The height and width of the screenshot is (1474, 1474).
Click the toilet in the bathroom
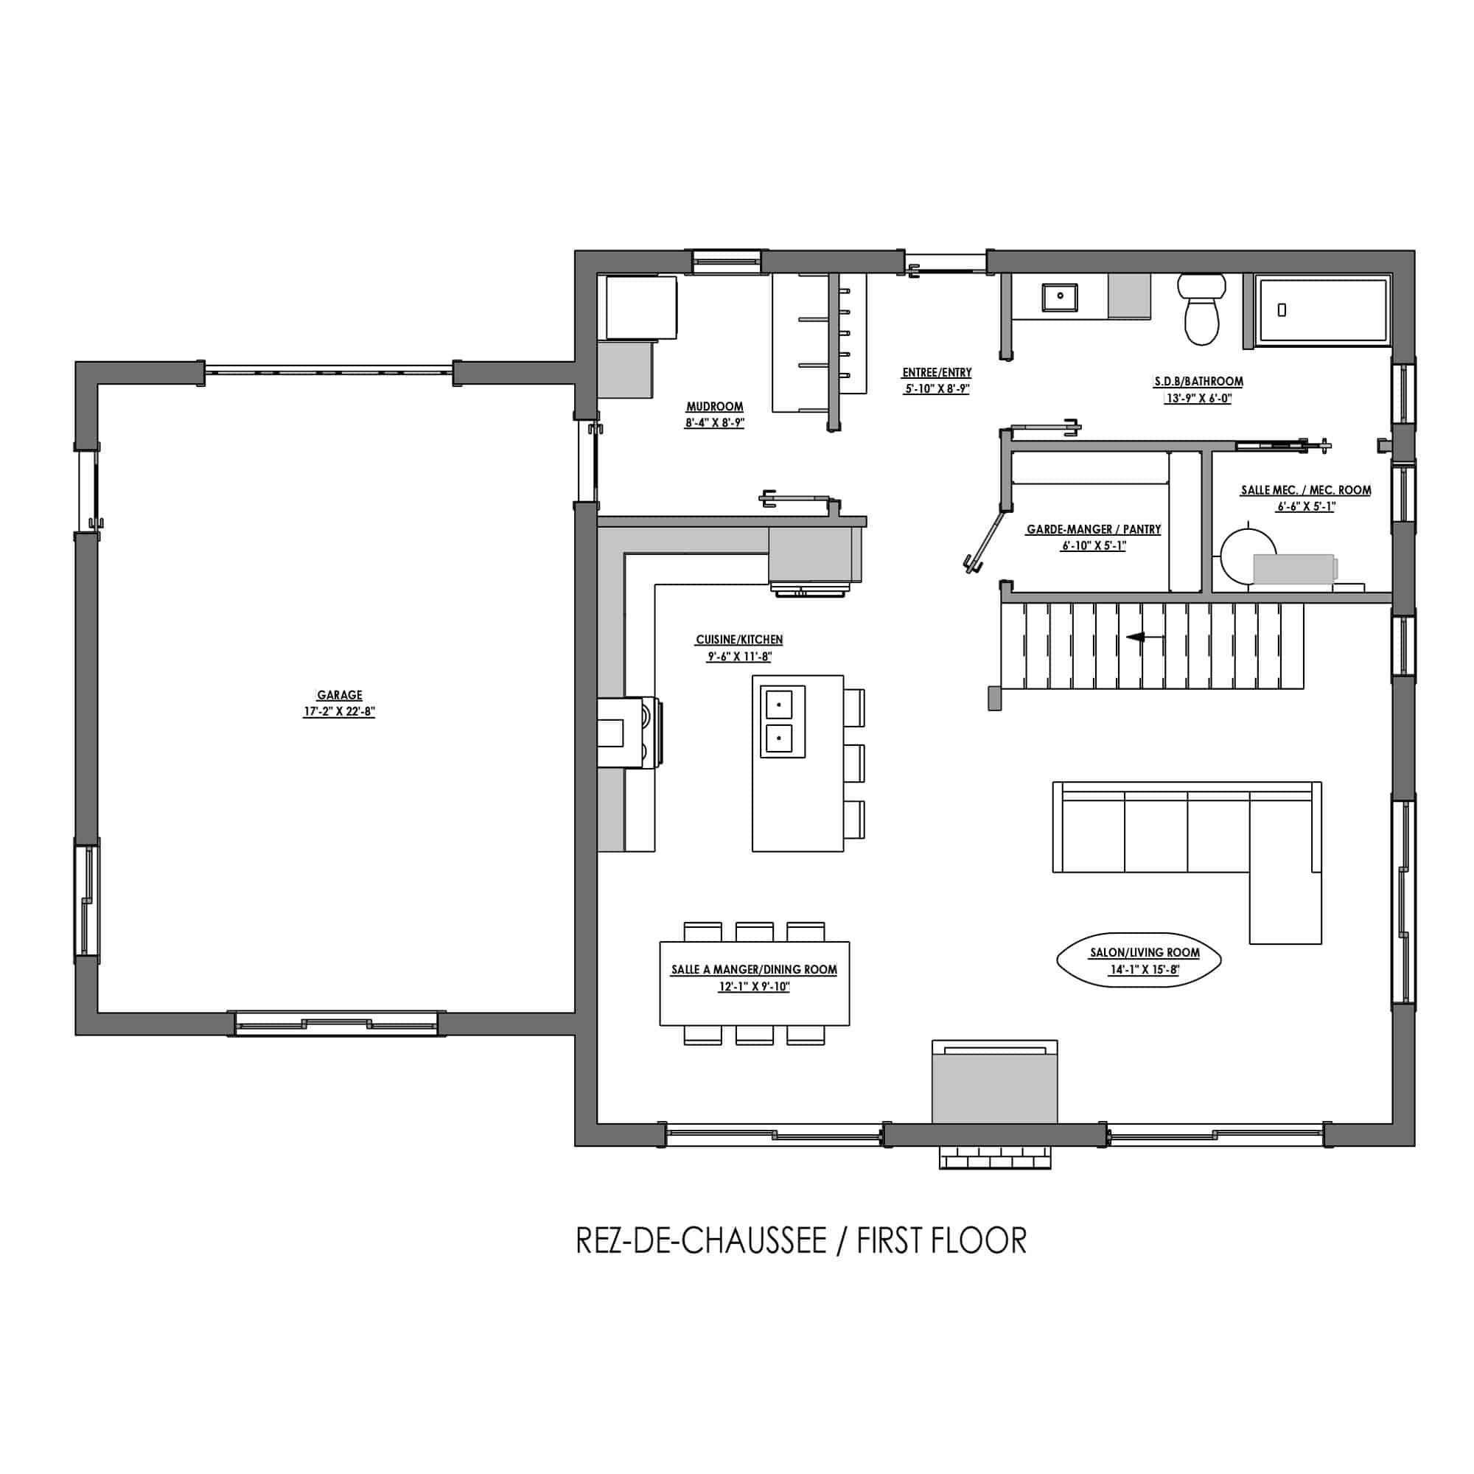pyautogui.click(x=1201, y=309)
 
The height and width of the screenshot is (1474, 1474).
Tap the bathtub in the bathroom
pyautogui.click(x=1323, y=310)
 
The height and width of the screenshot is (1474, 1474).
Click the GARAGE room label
pyautogui.click(x=340, y=695)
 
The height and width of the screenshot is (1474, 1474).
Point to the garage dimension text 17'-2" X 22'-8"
pyautogui.click(x=340, y=712)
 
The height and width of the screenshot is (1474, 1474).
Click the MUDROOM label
pyautogui.click(x=714, y=407)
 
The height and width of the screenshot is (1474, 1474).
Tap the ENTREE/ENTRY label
pyautogui.click(x=937, y=372)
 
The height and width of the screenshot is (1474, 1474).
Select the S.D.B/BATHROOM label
pyautogui.click(x=1198, y=381)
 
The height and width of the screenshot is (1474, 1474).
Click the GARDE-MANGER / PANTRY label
pyautogui.click(x=1094, y=528)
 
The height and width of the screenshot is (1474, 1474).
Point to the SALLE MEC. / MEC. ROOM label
pyautogui.click(x=1306, y=490)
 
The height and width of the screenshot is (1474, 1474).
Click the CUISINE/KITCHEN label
pyautogui.click(x=739, y=639)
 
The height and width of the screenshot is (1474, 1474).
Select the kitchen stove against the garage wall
pyautogui.click(x=630, y=732)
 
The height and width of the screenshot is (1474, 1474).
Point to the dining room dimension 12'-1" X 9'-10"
pyautogui.click(x=754, y=987)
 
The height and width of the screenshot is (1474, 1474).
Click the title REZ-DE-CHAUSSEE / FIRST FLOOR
pyautogui.click(x=801, y=1240)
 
